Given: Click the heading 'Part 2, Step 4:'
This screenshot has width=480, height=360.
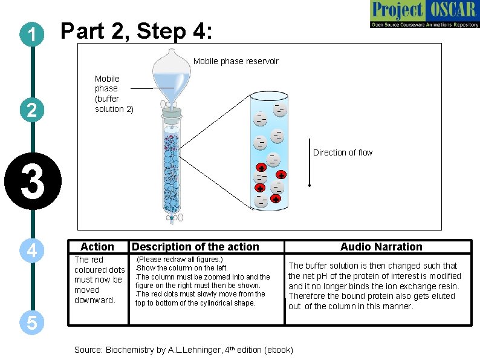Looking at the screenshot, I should tap(136, 31).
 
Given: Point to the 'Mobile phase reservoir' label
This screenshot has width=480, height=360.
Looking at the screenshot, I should tap(236, 61).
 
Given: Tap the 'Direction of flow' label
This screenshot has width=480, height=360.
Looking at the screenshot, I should tap(343, 152).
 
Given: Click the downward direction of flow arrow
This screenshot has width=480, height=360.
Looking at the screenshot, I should tap(309, 169).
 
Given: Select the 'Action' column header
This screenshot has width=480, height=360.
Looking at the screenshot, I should tap(97, 247).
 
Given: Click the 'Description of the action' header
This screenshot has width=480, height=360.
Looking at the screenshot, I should tap(195, 247).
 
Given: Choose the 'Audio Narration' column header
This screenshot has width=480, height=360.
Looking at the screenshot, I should tap(381, 247).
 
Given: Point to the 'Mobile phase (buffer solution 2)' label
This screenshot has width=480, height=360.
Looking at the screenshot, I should tap(114, 94).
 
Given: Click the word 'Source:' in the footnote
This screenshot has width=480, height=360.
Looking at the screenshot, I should tap(88, 350).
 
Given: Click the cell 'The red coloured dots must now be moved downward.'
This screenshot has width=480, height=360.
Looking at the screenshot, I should tap(99, 280).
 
